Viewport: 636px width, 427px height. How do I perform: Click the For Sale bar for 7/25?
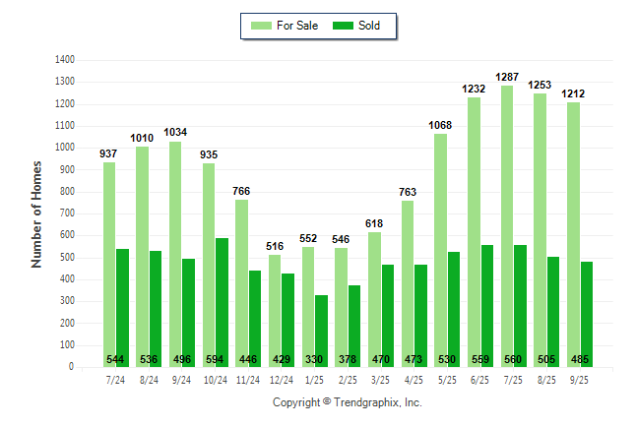pos(507,226)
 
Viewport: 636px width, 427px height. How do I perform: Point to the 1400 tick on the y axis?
pos(65,60)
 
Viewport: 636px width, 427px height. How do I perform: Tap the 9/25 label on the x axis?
pos(580,379)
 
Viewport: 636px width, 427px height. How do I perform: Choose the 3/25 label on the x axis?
pos(381,379)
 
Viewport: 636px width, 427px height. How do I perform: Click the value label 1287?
pos(507,75)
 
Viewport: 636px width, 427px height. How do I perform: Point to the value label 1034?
pos(175,132)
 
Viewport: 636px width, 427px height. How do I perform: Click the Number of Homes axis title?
pos(36,213)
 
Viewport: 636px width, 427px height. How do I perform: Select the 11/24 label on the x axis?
pos(248,379)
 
